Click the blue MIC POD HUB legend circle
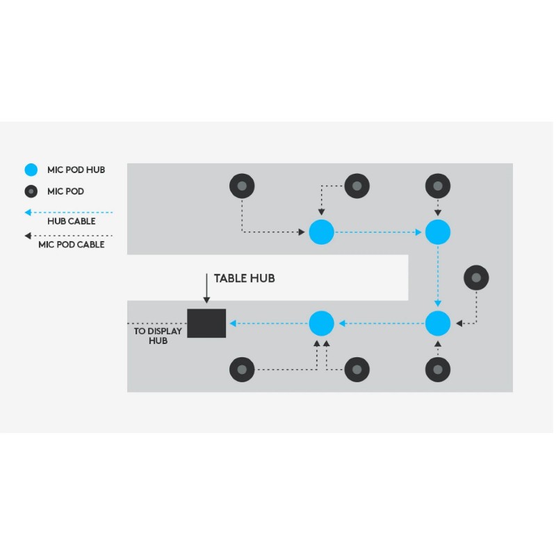pos(31,170)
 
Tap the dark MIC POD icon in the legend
pos(31,191)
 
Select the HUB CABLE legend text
pos(72,222)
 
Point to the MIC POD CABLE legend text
pos(72,245)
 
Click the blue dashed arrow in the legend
pos(68,212)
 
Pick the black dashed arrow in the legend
pos(68,236)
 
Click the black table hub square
pos(206,323)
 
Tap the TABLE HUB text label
pos(244,279)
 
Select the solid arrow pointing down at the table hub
pos(206,288)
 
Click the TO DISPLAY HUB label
pos(158,336)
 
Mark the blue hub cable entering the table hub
pos(269,323)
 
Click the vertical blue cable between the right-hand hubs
pos(438,277)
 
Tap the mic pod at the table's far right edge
pos(476,278)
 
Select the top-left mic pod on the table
pos(242,186)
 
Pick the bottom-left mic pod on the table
pos(242,369)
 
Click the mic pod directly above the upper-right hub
pos(438,186)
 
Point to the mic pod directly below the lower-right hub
pos(438,369)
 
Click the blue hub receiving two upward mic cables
pos(321,323)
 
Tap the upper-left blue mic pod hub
pos(321,231)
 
